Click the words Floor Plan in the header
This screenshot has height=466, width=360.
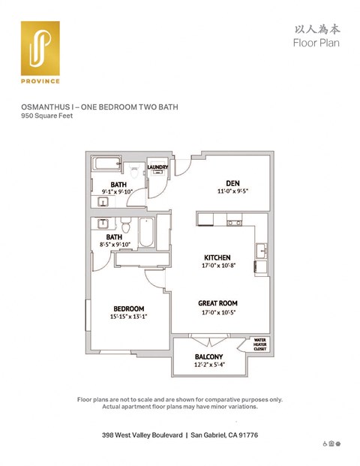pos(316,43)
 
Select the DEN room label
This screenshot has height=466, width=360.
pos(232,182)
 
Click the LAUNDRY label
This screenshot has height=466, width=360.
pos(157,167)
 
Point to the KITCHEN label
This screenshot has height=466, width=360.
pos(216,257)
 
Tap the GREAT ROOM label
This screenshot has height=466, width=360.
pos(217,303)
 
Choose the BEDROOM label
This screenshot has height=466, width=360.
pos(129,308)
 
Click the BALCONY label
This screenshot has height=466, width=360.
pos(209,356)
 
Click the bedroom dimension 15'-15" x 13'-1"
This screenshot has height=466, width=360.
pos(129,317)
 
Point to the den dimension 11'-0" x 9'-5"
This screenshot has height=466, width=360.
pos(232,191)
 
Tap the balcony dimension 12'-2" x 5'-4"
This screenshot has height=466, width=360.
pos(209,365)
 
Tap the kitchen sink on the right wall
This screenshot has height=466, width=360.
pos(261,250)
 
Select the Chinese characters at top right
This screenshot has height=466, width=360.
pos(314,29)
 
